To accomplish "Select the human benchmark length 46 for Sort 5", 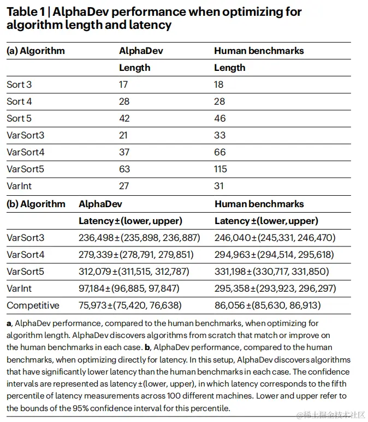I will (x=219, y=118).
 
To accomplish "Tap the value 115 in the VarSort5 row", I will (x=221, y=169).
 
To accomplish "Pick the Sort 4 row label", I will (x=19, y=101).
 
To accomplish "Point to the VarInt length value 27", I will (x=124, y=186).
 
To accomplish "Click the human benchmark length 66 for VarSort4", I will (x=219, y=152).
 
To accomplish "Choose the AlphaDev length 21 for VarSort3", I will (x=124, y=135).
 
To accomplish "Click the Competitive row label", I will (x=33, y=305).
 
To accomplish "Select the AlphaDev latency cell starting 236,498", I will (x=139, y=238).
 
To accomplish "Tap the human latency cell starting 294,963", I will (x=275, y=255).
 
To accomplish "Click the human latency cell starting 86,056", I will (x=268, y=305).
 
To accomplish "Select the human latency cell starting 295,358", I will (x=275, y=288).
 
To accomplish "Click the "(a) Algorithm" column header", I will (x=35, y=51).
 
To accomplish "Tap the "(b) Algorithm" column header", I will (x=35, y=204).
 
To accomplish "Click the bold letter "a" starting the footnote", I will (x=9, y=323).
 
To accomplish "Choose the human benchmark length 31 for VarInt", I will (x=219, y=186).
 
